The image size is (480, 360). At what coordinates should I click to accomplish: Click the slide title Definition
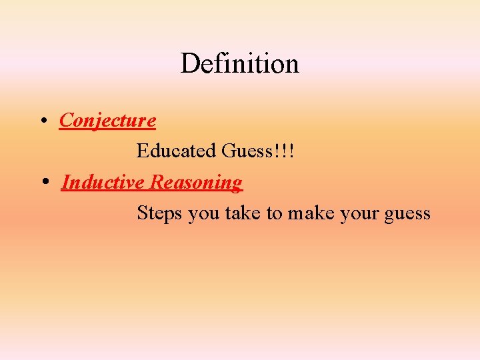coord(239,63)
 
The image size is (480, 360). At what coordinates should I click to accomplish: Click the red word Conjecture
coord(107,121)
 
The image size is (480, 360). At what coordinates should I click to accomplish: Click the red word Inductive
coord(103,182)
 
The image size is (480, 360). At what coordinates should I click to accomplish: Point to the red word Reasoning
coord(196,183)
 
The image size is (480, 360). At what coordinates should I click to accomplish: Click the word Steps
coord(160,213)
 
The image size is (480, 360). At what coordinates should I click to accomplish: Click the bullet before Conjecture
coord(42,121)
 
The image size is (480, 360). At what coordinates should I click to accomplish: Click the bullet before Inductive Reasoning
coord(44,183)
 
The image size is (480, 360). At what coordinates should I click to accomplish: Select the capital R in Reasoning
coord(155,182)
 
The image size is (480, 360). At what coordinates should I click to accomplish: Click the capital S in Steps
coord(141,213)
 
